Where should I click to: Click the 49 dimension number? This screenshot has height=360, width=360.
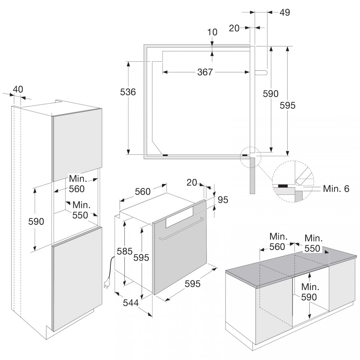coord(285,12)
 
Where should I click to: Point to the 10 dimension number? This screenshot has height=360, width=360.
coord(212,32)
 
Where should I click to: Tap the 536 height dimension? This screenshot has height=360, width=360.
coord(128,92)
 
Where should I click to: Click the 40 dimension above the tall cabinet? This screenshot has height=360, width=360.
coord(18,89)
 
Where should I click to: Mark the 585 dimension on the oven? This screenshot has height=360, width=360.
coord(125,252)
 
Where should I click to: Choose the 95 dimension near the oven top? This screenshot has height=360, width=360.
coord(223,200)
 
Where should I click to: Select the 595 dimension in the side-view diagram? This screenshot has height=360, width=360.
coord(288,106)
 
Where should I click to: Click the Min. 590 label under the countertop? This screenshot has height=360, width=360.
coord(310,292)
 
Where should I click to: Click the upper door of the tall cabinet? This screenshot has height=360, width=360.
coord(77,144)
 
